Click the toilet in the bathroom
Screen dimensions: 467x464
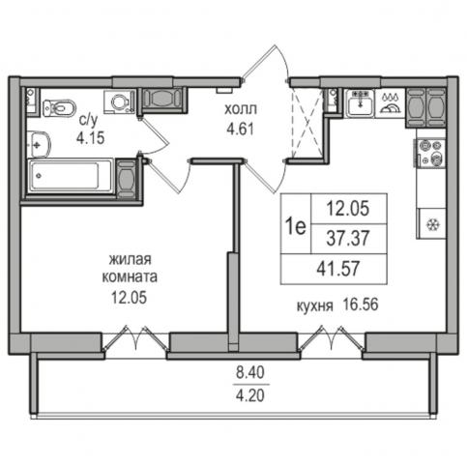point(59,107)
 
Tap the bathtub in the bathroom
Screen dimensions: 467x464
point(71,176)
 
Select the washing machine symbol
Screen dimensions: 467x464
point(120,101)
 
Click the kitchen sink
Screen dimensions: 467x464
point(361,103)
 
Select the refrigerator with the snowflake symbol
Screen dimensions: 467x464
point(431,224)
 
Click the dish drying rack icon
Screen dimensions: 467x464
point(391,102)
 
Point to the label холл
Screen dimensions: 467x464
point(241,109)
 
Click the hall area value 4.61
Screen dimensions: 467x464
point(241,130)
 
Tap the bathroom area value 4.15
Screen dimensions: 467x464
point(91,137)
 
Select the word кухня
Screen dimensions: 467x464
point(314,305)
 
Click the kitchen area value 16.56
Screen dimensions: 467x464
point(361,304)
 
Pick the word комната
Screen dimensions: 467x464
point(130,277)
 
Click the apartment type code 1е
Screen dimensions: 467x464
point(296,226)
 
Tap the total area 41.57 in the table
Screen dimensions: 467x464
point(338,269)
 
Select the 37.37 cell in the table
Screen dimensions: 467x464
point(348,239)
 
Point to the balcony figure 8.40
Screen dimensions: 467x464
point(250,373)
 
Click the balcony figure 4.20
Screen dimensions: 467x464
point(250,394)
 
